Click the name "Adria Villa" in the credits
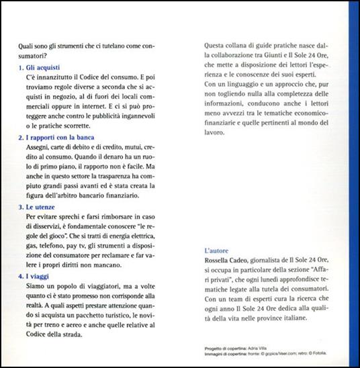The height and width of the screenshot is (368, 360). coord(261,349)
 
